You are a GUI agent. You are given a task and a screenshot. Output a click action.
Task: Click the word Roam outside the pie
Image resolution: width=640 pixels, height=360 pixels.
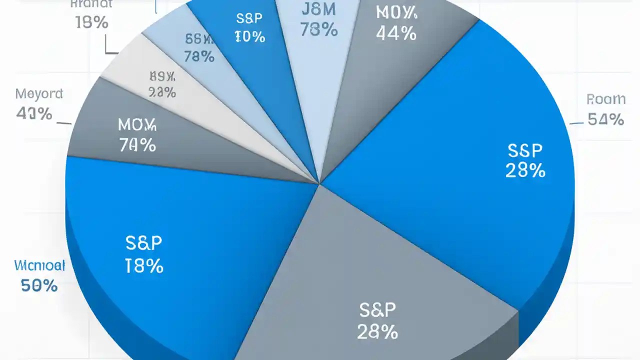pos(606,99)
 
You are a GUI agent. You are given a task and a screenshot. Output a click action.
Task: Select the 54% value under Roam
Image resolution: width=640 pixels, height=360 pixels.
pos(606,119)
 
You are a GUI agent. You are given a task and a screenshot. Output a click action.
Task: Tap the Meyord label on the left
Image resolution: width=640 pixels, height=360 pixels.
pos(39,93)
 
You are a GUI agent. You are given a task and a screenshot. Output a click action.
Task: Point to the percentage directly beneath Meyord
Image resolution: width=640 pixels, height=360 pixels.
pos(34,113)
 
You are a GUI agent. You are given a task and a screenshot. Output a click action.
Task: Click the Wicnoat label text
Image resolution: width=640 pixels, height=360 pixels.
pos(40,265)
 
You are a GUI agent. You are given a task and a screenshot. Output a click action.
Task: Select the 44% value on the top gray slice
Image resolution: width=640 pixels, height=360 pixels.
pos(396,33)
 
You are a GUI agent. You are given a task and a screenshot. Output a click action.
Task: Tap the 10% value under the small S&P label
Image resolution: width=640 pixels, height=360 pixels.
pos(249,37)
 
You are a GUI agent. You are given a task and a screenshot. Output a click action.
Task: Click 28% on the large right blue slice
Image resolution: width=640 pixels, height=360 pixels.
pos(525,171)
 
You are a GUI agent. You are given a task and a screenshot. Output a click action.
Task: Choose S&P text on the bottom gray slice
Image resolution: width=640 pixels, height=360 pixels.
pos(377,310)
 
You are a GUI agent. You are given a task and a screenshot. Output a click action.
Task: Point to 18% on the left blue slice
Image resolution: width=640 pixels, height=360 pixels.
pos(144,266)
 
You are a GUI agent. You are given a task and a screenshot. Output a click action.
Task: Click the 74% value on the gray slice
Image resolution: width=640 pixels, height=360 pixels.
pos(137,145)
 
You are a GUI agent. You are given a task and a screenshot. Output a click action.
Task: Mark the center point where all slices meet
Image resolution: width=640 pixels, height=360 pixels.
pos(319,183)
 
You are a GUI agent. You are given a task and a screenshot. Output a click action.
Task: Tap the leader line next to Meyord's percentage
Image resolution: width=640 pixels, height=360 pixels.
pos(63,122)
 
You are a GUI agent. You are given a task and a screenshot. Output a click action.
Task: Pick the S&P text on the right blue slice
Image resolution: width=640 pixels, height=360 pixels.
pos(525,150)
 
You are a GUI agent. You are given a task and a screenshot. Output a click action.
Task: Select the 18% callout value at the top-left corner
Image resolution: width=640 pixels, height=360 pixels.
pos(92,22)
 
